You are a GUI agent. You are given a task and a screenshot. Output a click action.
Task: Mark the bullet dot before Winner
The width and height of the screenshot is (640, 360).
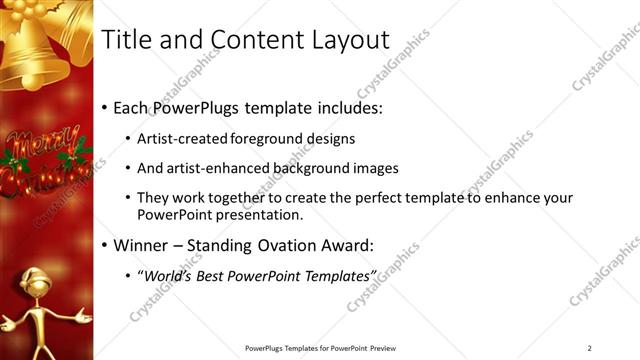[x=105, y=246]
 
